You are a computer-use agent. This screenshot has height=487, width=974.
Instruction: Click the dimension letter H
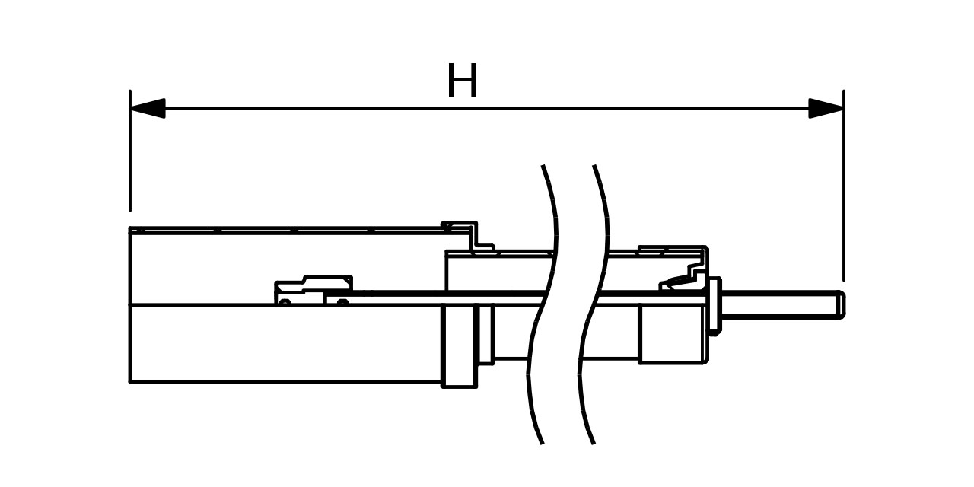(462, 81)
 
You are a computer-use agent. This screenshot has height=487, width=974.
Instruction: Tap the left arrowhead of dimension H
(148, 108)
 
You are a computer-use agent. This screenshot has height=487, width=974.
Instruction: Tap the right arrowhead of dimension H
(826, 108)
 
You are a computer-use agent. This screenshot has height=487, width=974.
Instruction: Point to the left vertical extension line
(130, 152)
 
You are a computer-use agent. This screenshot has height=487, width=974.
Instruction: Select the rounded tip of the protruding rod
(840, 304)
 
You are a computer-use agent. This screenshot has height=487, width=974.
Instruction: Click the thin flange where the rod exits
(715, 305)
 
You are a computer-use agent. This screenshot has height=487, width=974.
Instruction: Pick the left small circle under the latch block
(284, 302)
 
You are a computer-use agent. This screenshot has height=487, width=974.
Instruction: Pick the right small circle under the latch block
(342, 302)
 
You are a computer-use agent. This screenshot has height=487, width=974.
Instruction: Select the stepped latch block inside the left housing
(312, 288)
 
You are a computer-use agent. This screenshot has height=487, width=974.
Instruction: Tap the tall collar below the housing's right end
(458, 346)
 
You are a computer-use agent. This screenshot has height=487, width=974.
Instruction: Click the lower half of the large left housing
(285, 344)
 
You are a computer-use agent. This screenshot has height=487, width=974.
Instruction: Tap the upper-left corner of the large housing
(132, 229)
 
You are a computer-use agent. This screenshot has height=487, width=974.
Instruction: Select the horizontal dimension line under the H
(487, 108)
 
